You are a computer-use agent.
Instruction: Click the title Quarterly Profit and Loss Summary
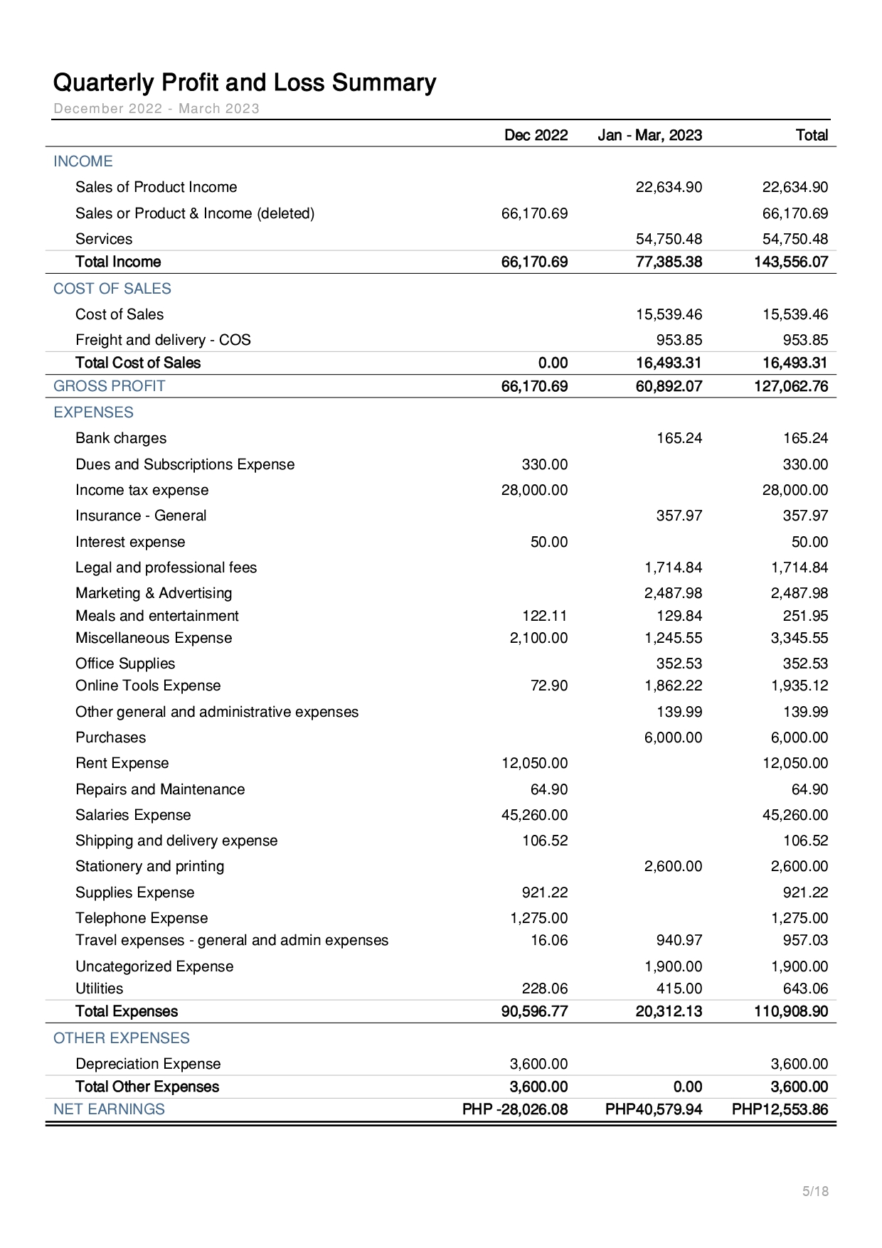[x=244, y=83]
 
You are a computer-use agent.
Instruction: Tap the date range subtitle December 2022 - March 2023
[x=156, y=109]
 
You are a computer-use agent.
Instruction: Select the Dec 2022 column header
[x=536, y=135]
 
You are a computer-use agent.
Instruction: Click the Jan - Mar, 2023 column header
[x=649, y=135]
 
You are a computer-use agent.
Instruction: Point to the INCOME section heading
[x=83, y=161]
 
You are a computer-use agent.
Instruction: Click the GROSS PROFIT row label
[x=109, y=386]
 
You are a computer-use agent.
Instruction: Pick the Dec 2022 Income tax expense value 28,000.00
[x=534, y=490]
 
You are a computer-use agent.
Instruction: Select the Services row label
[x=104, y=239]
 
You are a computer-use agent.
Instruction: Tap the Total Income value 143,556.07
[x=791, y=262]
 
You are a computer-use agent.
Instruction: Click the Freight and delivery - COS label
[x=163, y=340]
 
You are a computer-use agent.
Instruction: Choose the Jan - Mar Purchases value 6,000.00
[x=673, y=737]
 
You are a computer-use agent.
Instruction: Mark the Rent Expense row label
[x=122, y=763]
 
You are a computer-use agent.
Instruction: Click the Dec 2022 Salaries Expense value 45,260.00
[x=534, y=815]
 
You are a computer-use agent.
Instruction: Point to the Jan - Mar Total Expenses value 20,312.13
[x=669, y=1011]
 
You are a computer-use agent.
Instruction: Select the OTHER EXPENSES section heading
[x=121, y=1038]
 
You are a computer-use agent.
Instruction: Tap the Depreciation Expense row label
[x=148, y=1064]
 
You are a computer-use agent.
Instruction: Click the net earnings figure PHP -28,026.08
[x=515, y=1109]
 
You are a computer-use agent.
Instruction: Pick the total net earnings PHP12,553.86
[x=780, y=1109]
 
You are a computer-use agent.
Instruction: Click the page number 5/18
[x=815, y=1191]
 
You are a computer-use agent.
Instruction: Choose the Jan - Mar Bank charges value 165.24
[x=679, y=438]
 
